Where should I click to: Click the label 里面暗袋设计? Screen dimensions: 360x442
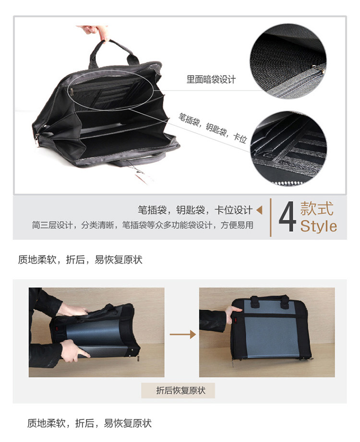coord(211,80)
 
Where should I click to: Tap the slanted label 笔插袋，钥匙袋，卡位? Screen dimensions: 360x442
coord(213,128)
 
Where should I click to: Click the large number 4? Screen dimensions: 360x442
coord(287,216)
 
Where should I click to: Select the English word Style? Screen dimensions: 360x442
coord(319,226)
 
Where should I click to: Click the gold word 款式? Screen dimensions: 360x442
coord(317,208)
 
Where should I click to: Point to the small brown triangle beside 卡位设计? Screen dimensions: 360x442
coord(259,210)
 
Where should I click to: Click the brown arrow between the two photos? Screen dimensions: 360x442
coord(182,334)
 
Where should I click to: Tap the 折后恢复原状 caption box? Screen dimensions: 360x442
coord(178,391)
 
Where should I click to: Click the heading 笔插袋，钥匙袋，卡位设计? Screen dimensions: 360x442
coord(195,210)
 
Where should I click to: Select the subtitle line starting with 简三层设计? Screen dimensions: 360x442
coord(143,225)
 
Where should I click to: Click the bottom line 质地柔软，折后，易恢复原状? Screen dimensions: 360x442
coord(89,423)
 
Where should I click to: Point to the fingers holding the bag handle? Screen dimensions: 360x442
coord(96,33)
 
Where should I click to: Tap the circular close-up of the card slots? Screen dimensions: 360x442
coord(288,148)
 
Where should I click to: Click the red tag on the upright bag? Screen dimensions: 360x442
coord(236,321)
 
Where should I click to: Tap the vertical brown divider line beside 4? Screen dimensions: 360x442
coord(271,217)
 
